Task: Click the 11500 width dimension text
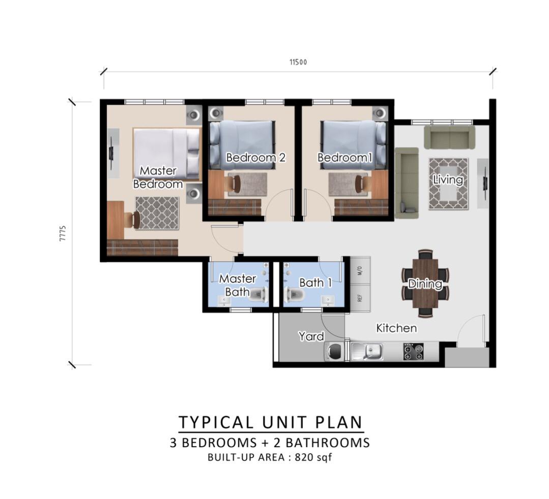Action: coord(298,62)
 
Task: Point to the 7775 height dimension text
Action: coord(63,234)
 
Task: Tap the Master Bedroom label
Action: coord(158,177)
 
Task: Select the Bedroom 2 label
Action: coord(256,158)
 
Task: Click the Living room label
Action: coord(448,180)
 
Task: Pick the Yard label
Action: coord(311,336)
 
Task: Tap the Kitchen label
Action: coord(397,328)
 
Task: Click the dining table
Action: coord(425,283)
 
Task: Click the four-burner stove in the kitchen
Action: coord(413,351)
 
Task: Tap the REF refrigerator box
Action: coord(360,298)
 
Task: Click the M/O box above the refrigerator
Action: coord(360,271)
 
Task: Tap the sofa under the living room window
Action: coord(450,137)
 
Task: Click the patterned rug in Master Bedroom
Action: coord(157,213)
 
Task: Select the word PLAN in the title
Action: coord(339,422)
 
